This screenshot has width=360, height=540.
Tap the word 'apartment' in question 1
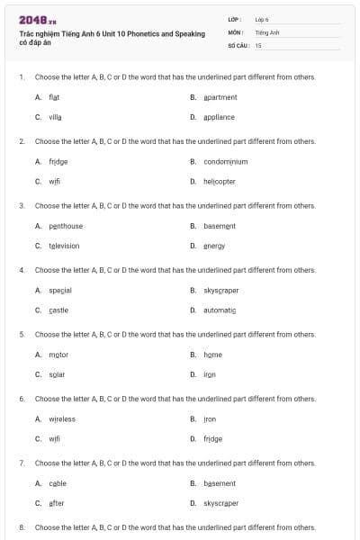coord(220,96)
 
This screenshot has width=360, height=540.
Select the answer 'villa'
coord(56,117)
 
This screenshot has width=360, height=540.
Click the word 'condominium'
coord(225,161)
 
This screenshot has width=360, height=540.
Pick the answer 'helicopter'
coord(219,181)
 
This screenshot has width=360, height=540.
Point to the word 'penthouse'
coord(66,226)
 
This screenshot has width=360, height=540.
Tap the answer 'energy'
coord(214,246)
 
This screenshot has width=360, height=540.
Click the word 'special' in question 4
coord(60,290)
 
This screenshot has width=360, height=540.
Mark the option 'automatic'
coord(220,310)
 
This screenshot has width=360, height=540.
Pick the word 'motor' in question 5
coord(58,355)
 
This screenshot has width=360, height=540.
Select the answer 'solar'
coord(57,374)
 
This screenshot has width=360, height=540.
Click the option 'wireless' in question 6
coord(62,418)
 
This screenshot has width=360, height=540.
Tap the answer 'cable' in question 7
coord(58,483)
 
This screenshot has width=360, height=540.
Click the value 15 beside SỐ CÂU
coord(258,44)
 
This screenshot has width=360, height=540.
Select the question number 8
coord(21,527)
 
